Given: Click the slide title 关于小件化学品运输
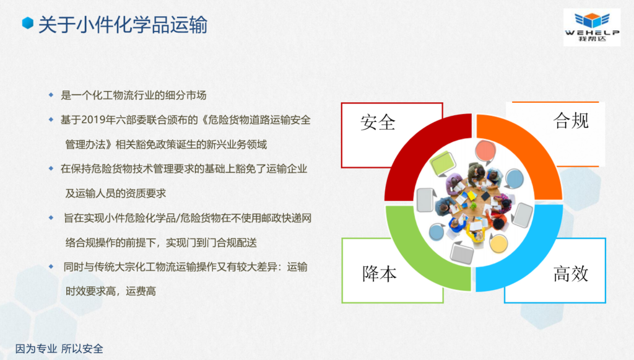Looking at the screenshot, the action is tap(123, 25).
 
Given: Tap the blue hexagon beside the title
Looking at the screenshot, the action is tap(27, 23).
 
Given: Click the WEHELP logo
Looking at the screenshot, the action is tap(592, 27).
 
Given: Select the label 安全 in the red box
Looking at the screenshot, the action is tap(378, 122).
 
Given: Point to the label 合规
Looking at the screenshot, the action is tap(571, 120).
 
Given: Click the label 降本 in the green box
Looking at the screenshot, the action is tap(380, 273).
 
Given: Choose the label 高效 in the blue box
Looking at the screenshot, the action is tap(570, 273).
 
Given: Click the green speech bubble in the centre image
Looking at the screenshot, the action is tap(443, 164).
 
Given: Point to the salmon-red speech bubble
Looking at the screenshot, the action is tap(485, 151).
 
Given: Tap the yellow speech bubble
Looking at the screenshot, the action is tap(498, 244).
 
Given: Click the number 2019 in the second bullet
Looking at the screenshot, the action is tap(93, 120).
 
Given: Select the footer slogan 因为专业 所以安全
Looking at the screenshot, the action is tap(59, 349).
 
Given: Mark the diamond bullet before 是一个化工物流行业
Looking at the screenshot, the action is tap(51, 95).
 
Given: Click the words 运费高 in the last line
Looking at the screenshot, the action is tap(141, 291).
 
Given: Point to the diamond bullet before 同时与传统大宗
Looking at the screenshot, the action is tap(51, 266).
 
